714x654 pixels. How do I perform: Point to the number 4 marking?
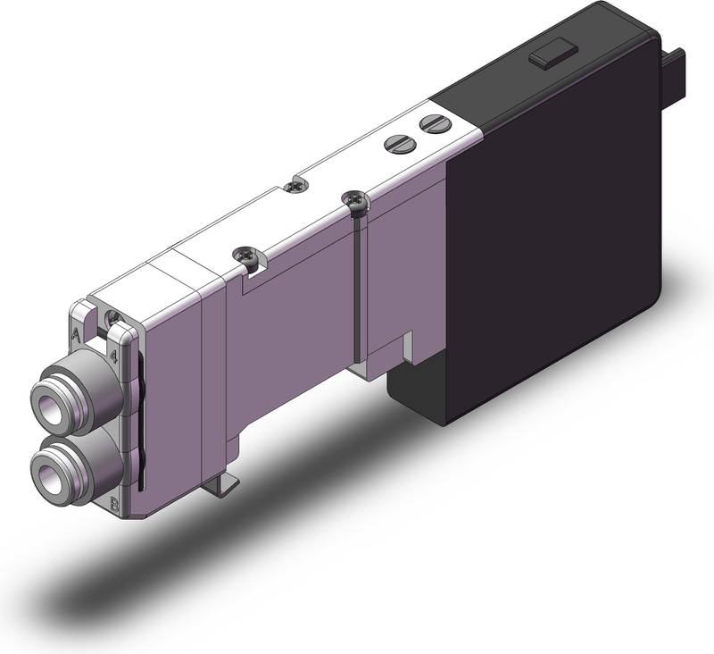pos(113,355)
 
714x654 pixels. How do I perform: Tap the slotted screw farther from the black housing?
pos(396,142)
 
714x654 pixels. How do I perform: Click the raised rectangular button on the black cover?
pos(549,58)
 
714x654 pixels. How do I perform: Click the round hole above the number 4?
pos(112,318)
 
